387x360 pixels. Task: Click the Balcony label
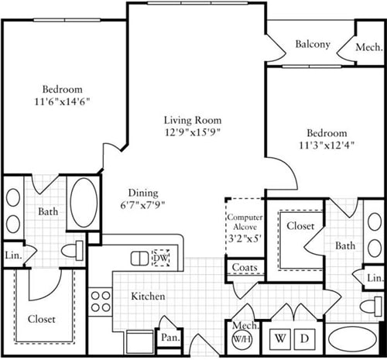(x=313, y=44)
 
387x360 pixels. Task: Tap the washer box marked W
(x=277, y=339)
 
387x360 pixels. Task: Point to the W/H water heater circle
(x=240, y=339)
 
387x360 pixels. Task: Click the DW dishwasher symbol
(x=161, y=257)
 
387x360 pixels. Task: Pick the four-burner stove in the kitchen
(x=100, y=299)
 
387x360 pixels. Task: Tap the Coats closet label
(x=243, y=268)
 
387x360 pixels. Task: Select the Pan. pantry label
(x=170, y=338)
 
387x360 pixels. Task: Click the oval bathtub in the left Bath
(x=84, y=202)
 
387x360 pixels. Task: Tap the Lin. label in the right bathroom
(x=373, y=278)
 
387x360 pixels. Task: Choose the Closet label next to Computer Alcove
(x=300, y=226)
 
